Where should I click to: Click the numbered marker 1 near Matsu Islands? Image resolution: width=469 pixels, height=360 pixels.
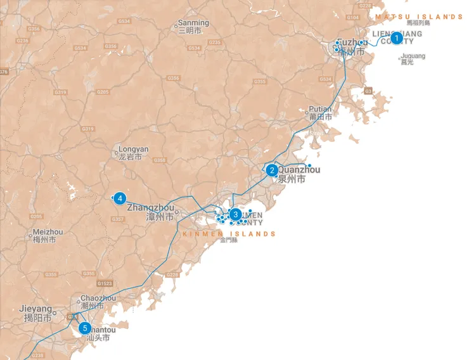point(397,38)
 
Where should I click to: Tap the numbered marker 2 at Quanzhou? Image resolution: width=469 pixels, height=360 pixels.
point(271,170)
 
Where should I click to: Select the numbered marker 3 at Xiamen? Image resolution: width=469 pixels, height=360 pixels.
point(235,214)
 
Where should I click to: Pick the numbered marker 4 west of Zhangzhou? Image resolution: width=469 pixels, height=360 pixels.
point(120,198)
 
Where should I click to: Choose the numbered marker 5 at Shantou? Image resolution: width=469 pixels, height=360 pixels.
point(85,328)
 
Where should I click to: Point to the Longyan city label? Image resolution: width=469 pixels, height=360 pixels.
point(133,150)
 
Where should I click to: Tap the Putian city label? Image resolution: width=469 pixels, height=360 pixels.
point(321,109)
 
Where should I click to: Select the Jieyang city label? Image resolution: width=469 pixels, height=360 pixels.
point(35,309)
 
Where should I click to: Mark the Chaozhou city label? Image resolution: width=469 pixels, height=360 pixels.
point(98,298)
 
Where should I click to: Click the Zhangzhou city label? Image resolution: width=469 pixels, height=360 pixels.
point(151,207)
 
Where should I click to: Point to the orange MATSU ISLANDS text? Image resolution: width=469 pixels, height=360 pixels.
point(419,17)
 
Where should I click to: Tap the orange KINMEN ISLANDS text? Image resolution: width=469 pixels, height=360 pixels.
point(229,234)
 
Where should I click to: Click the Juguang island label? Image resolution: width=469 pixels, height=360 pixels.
point(413,56)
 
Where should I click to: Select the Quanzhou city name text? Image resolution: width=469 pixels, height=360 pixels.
point(299,170)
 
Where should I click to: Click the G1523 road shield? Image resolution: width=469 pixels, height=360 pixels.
point(105,283)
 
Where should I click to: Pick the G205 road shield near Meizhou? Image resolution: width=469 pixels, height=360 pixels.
point(36,216)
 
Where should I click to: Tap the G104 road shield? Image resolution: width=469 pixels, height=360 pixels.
point(353,17)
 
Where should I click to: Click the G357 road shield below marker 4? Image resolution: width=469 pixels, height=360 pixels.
point(118,219)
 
